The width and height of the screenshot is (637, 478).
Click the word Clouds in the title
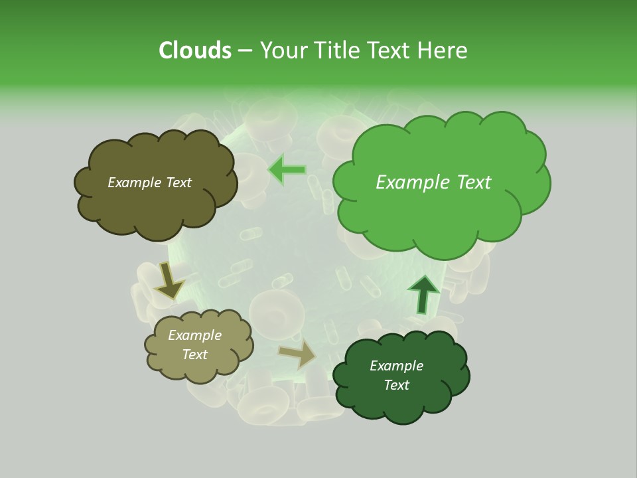pyautogui.click(x=194, y=50)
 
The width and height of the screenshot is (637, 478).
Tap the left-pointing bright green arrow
pyautogui.click(x=287, y=170)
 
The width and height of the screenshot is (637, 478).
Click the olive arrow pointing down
pyautogui.click(x=169, y=281)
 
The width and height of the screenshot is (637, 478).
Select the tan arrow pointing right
pyautogui.click(x=299, y=354)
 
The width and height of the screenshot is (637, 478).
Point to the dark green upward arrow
pyautogui.click(x=423, y=293)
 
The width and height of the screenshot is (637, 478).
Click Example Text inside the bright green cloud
pyautogui.click(x=433, y=183)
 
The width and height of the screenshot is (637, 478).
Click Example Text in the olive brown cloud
pyautogui.click(x=149, y=183)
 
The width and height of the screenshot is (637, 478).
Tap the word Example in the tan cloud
pyautogui.click(x=194, y=335)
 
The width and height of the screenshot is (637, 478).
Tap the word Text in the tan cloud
pyautogui.click(x=194, y=355)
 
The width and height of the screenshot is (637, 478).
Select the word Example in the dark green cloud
pyautogui.click(x=396, y=366)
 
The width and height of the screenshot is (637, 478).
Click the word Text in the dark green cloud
pyautogui.click(x=396, y=385)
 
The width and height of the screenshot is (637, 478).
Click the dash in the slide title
pyautogui.click(x=244, y=50)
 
